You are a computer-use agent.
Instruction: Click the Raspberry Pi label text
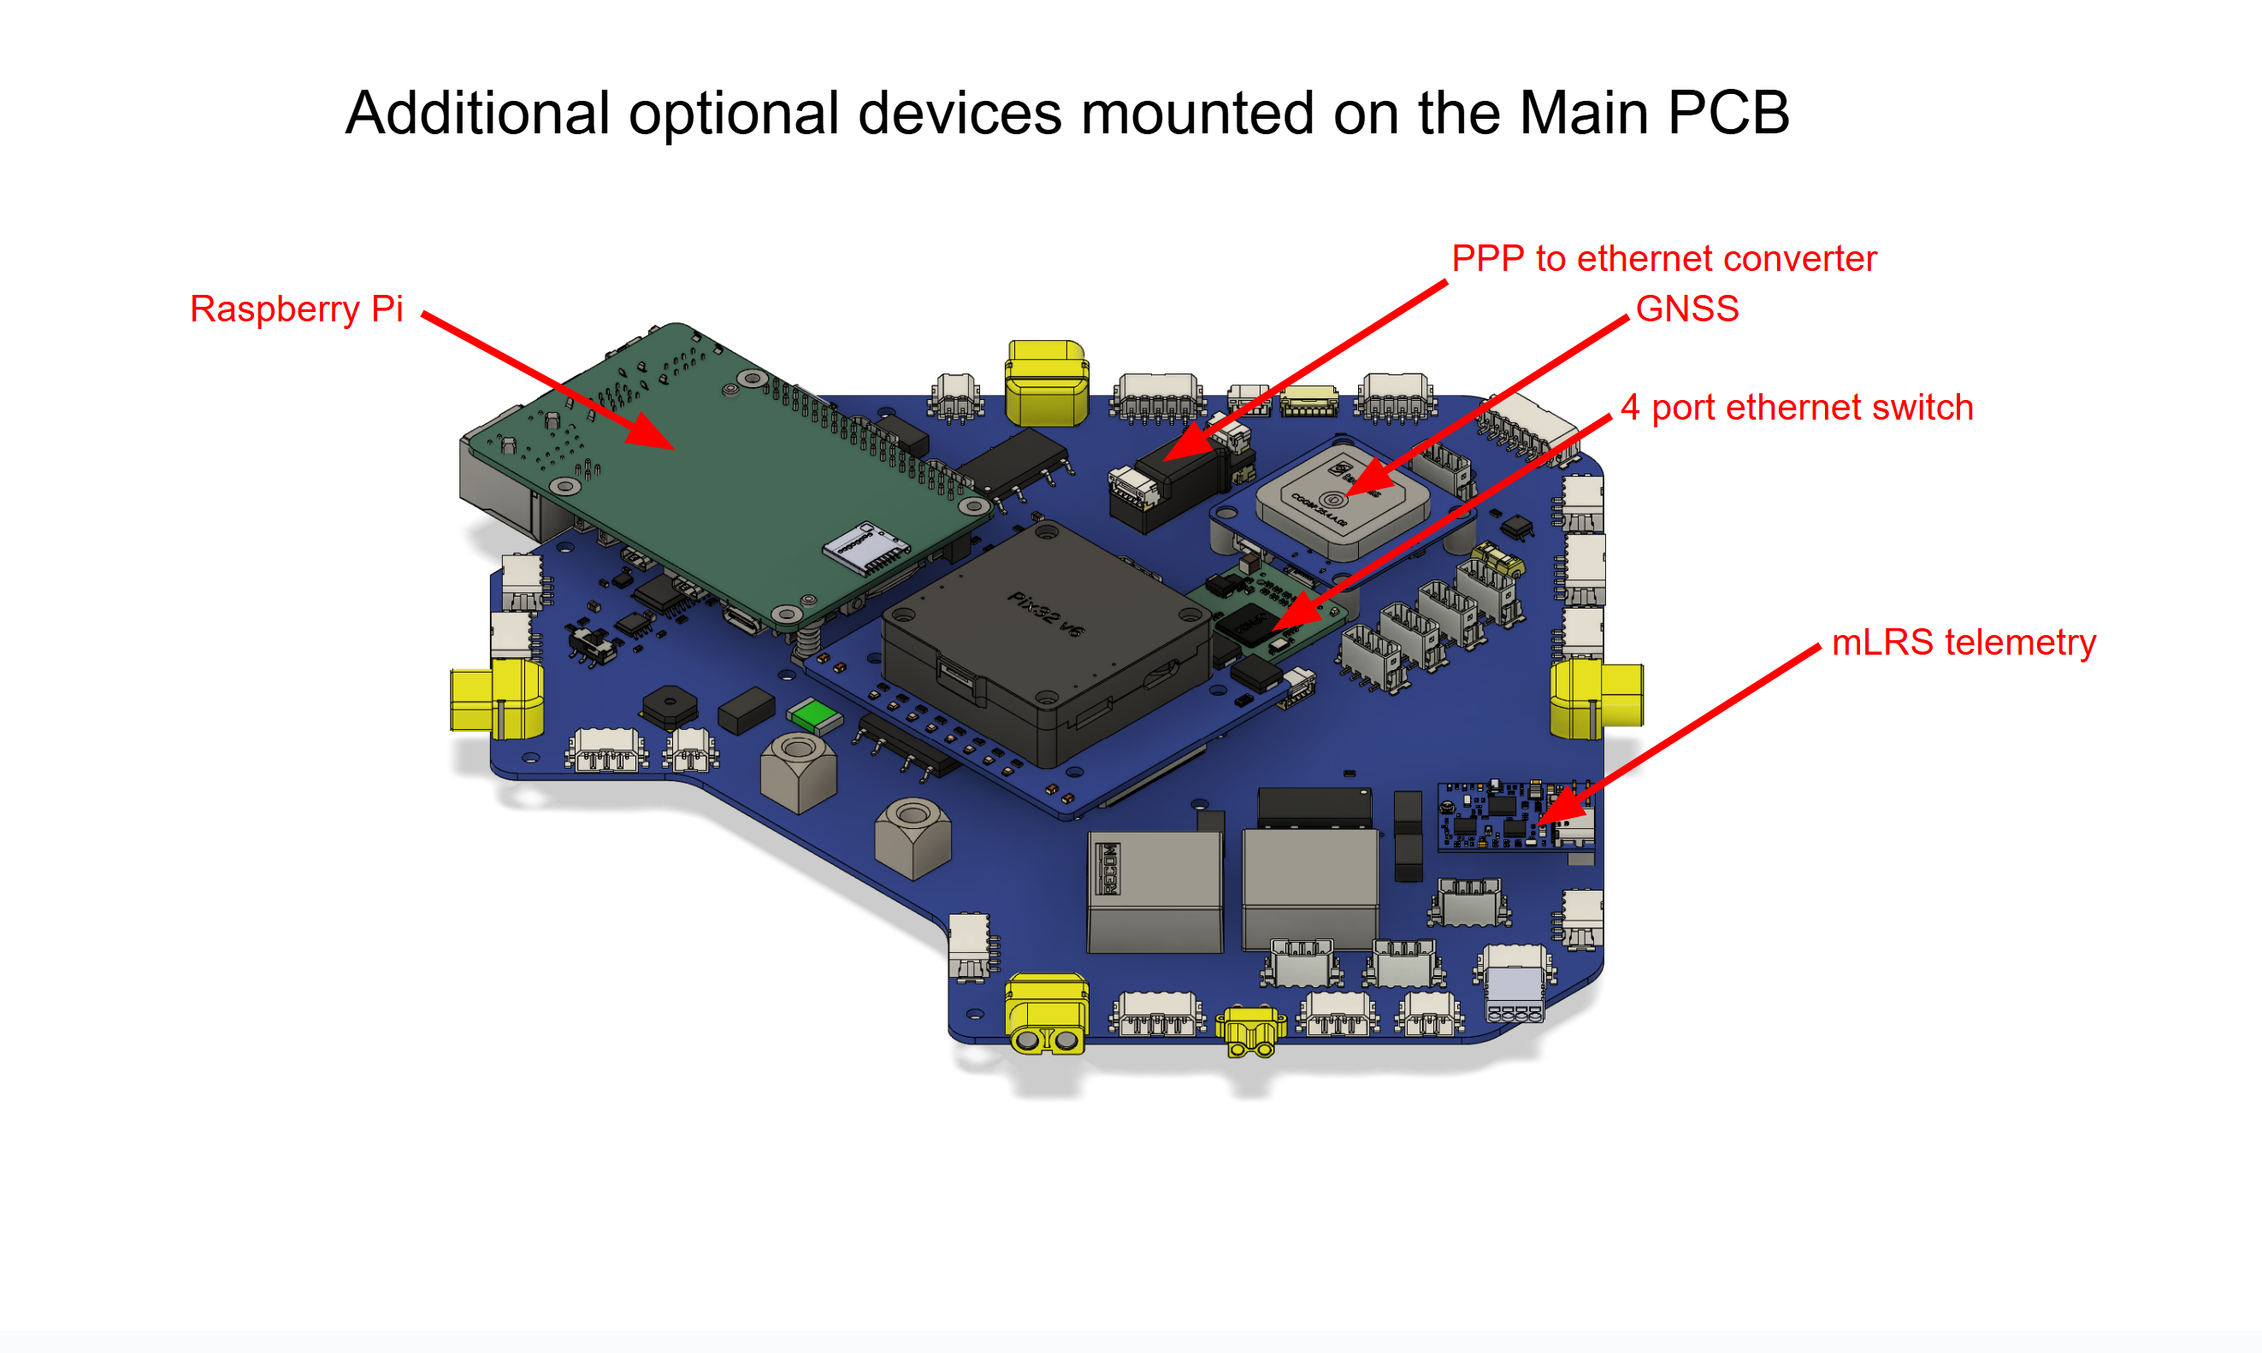pyautogui.click(x=296, y=309)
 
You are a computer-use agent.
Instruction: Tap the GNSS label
pyautogui.click(x=1686, y=309)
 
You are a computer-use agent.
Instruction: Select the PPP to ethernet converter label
pyautogui.click(x=1663, y=259)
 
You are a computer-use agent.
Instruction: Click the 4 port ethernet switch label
pyautogui.click(x=1796, y=408)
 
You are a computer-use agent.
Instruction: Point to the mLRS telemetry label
pyautogui.click(x=1963, y=643)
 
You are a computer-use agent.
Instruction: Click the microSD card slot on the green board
pyautogui.click(x=865, y=547)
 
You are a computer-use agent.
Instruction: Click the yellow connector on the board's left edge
pyautogui.click(x=497, y=700)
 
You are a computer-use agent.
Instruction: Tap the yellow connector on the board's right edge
pyautogui.click(x=1595, y=698)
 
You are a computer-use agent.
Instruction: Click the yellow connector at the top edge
pyautogui.click(x=1046, y=383)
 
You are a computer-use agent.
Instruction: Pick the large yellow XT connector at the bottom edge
pyautogui.click(x=1045, y=1016)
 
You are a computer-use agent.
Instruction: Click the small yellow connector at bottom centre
pyautogui.click(x=1250, y=1030)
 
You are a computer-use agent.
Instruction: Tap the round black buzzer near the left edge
pyautogui.click(x=670, y=707)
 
